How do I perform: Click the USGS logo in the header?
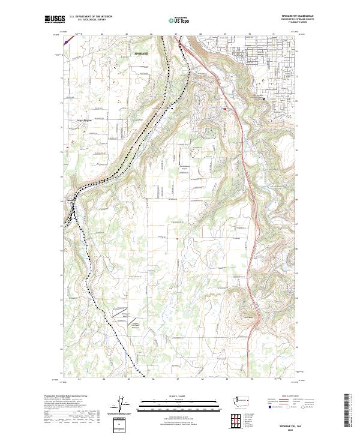(55, 20)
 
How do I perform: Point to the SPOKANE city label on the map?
(140, 53)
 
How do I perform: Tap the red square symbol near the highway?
(226, 109)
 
